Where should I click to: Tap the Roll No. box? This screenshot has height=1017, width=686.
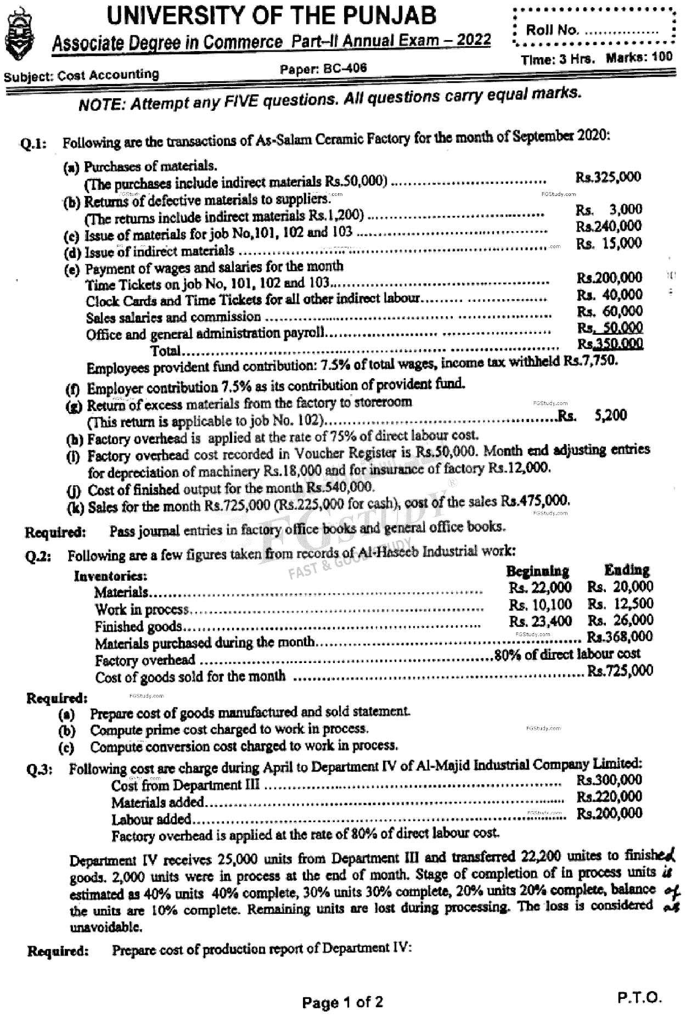593,29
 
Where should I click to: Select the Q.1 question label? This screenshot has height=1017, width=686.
33,144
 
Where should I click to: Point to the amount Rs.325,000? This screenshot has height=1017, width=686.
608,177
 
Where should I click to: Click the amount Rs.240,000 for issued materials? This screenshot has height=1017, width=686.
608,226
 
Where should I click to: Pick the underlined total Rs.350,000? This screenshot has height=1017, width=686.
610,344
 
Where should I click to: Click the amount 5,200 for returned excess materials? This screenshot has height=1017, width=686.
610,415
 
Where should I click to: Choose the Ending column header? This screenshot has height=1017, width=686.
627,570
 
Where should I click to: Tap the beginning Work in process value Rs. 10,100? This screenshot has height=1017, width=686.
540,605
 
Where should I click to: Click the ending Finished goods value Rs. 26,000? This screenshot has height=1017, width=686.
620,620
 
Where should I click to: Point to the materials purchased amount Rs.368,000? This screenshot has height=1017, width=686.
620,637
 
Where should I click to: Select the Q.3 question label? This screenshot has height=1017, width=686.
39,769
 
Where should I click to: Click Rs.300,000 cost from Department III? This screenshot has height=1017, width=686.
609,780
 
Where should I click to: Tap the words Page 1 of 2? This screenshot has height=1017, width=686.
342,1003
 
